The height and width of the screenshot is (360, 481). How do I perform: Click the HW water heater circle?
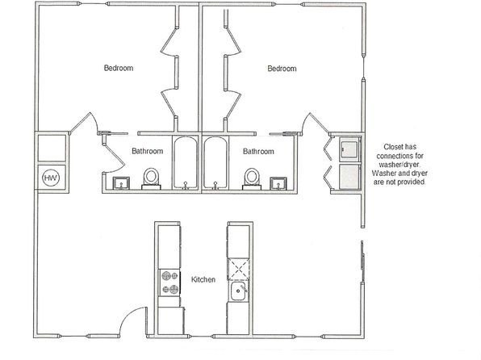[51, 178]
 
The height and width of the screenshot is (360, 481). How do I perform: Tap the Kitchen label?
[203, 279]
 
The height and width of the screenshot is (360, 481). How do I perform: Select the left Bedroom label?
[119, 68]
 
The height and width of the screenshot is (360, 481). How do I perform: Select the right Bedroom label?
[282, 69]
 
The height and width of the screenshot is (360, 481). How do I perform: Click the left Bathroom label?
[147, 151]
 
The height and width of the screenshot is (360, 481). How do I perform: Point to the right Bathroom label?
[258, 151]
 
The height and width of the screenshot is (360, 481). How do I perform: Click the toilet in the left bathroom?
[151, 178]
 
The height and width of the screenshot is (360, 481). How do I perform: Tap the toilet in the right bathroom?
[252, 179]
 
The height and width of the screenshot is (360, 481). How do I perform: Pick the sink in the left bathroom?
[122, 183]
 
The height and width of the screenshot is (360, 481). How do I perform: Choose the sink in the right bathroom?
[278, 183]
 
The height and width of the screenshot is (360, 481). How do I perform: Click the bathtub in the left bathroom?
[186, 163]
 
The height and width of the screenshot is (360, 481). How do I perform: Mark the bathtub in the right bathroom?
[215, 163]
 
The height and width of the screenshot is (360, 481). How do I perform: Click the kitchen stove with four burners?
[169, 283]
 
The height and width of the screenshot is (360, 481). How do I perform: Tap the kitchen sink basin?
[238, 291]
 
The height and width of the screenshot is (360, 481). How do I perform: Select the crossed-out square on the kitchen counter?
[238, 269]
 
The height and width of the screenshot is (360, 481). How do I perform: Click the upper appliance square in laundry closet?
[349, 149]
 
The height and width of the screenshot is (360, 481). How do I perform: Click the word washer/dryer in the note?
[400, 165]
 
